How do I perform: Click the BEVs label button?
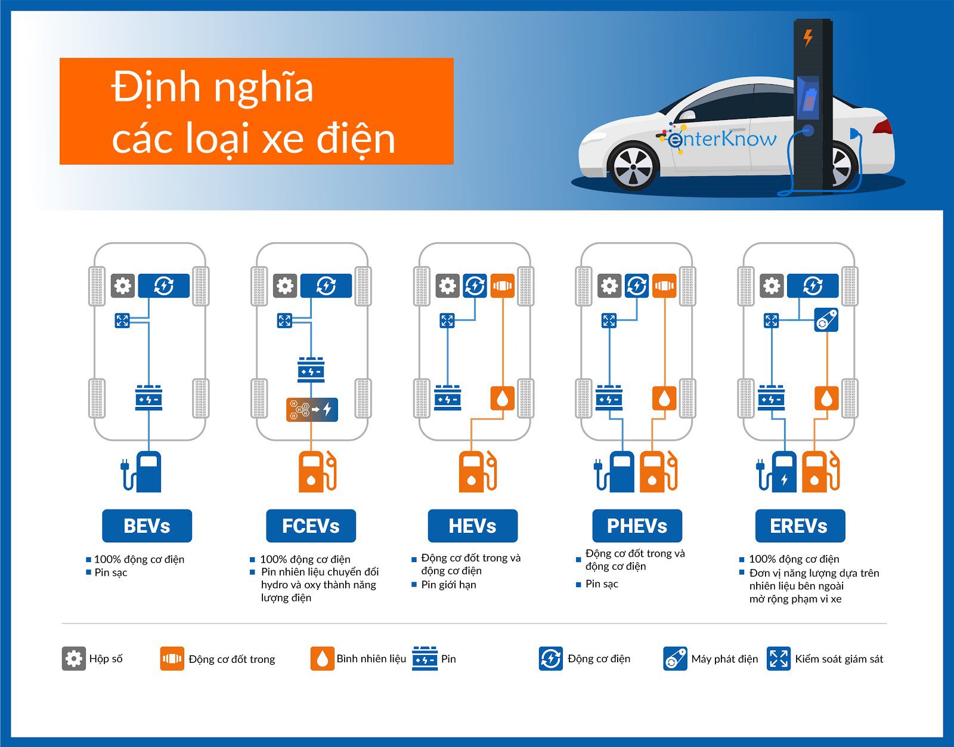point(147,526)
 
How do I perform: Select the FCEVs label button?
point(311,526)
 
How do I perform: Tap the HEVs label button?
point(473,526)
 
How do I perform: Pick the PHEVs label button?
point(637,526)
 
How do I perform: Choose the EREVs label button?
point(800,526)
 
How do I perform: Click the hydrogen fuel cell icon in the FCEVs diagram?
point(312,410)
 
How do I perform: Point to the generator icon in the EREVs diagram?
point(826,320)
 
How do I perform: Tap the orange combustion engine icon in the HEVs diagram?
point(502,286)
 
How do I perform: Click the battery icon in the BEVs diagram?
point(149,398)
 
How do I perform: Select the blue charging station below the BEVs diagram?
point(142,472)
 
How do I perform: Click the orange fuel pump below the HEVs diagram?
point(478,472)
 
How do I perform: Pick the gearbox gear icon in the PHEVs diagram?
point(609,286)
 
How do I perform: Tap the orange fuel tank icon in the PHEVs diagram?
point(664,398)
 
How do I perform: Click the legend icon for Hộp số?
point(74,658)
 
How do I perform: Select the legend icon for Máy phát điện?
point(675,658)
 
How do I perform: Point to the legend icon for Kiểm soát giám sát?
point(779,658)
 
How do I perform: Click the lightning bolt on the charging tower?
point(809,38)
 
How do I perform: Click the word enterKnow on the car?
point(721,139)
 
